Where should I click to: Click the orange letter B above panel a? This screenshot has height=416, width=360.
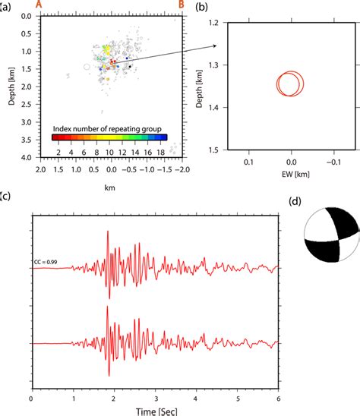click(181, 5)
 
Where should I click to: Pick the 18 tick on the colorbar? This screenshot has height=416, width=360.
click(160, 152)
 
